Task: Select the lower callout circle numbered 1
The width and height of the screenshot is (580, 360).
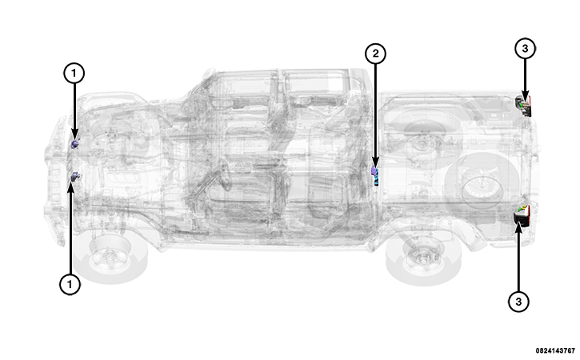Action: click(70, 284)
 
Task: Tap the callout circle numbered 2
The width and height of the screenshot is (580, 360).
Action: click(375, 54)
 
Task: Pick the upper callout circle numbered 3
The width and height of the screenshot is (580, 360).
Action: click(524, 49)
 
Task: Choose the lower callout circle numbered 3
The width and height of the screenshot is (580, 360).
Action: click(518, 301)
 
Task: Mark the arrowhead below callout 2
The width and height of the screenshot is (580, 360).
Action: click(375, 162)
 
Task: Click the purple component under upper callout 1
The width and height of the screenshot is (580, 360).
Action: click(75, 144)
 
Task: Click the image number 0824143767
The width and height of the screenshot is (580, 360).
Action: click(554, 350)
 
